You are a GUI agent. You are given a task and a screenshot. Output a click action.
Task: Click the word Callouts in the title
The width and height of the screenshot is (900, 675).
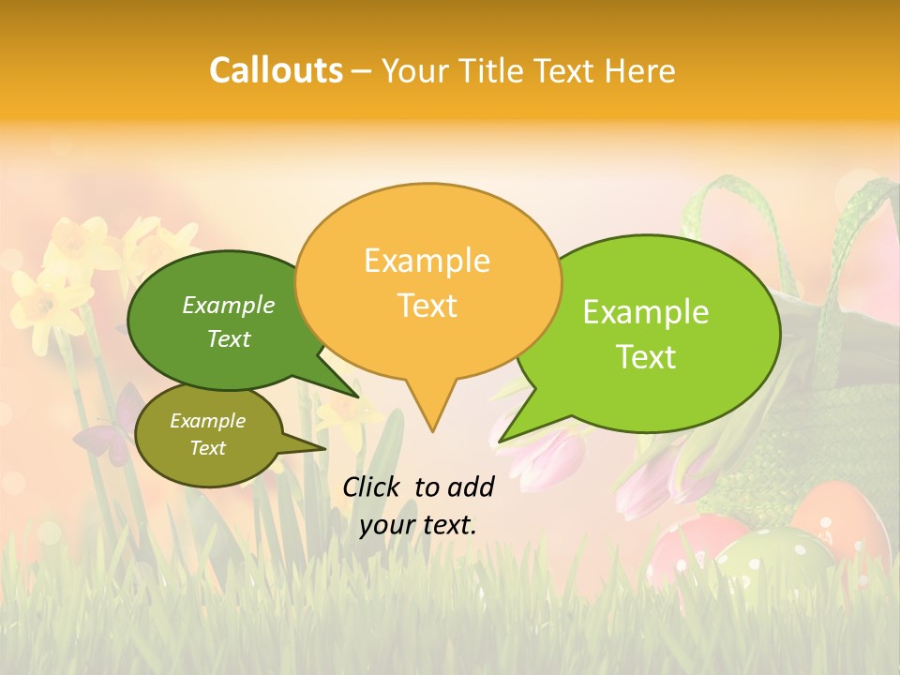276,70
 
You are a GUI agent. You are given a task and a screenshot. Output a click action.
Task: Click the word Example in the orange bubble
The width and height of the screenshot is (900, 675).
427,261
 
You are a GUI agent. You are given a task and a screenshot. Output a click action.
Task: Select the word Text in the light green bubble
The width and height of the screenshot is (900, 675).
646,357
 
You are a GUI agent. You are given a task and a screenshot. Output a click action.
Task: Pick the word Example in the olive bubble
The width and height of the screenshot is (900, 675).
207,421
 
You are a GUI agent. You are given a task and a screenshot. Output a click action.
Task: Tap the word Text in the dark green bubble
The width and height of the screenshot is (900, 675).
229,338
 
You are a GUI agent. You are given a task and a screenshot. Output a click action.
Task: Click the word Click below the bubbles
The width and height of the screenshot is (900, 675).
373,487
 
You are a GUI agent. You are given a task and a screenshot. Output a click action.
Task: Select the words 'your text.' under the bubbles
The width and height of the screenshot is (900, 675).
418,525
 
